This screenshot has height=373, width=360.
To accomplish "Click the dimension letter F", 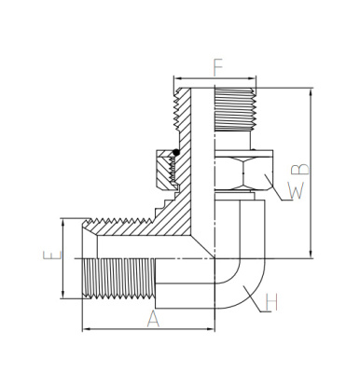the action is tap(218, 67).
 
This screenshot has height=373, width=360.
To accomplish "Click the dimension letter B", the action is tap(300, 169).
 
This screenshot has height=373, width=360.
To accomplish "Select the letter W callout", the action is tap(296, 190).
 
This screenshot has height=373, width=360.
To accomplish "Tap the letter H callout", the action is tap(271, 302).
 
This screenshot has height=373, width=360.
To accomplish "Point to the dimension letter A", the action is tap(153, 319).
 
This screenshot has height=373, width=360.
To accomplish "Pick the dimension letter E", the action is tap(52, 256).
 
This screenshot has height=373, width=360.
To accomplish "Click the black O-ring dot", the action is tap(176, 152).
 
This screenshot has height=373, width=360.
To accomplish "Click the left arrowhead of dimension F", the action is tap(178, 78).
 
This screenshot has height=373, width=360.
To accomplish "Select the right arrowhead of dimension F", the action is tap(253, 78).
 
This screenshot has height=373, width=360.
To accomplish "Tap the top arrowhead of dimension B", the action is tap(311, 92).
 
